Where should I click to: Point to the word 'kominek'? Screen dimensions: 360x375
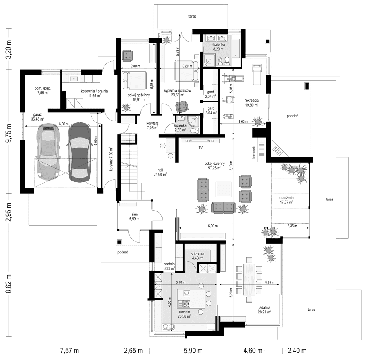coord(254,153)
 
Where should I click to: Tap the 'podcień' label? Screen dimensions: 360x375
coord(292,116)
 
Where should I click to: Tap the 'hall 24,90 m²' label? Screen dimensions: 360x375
coord(160,172)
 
